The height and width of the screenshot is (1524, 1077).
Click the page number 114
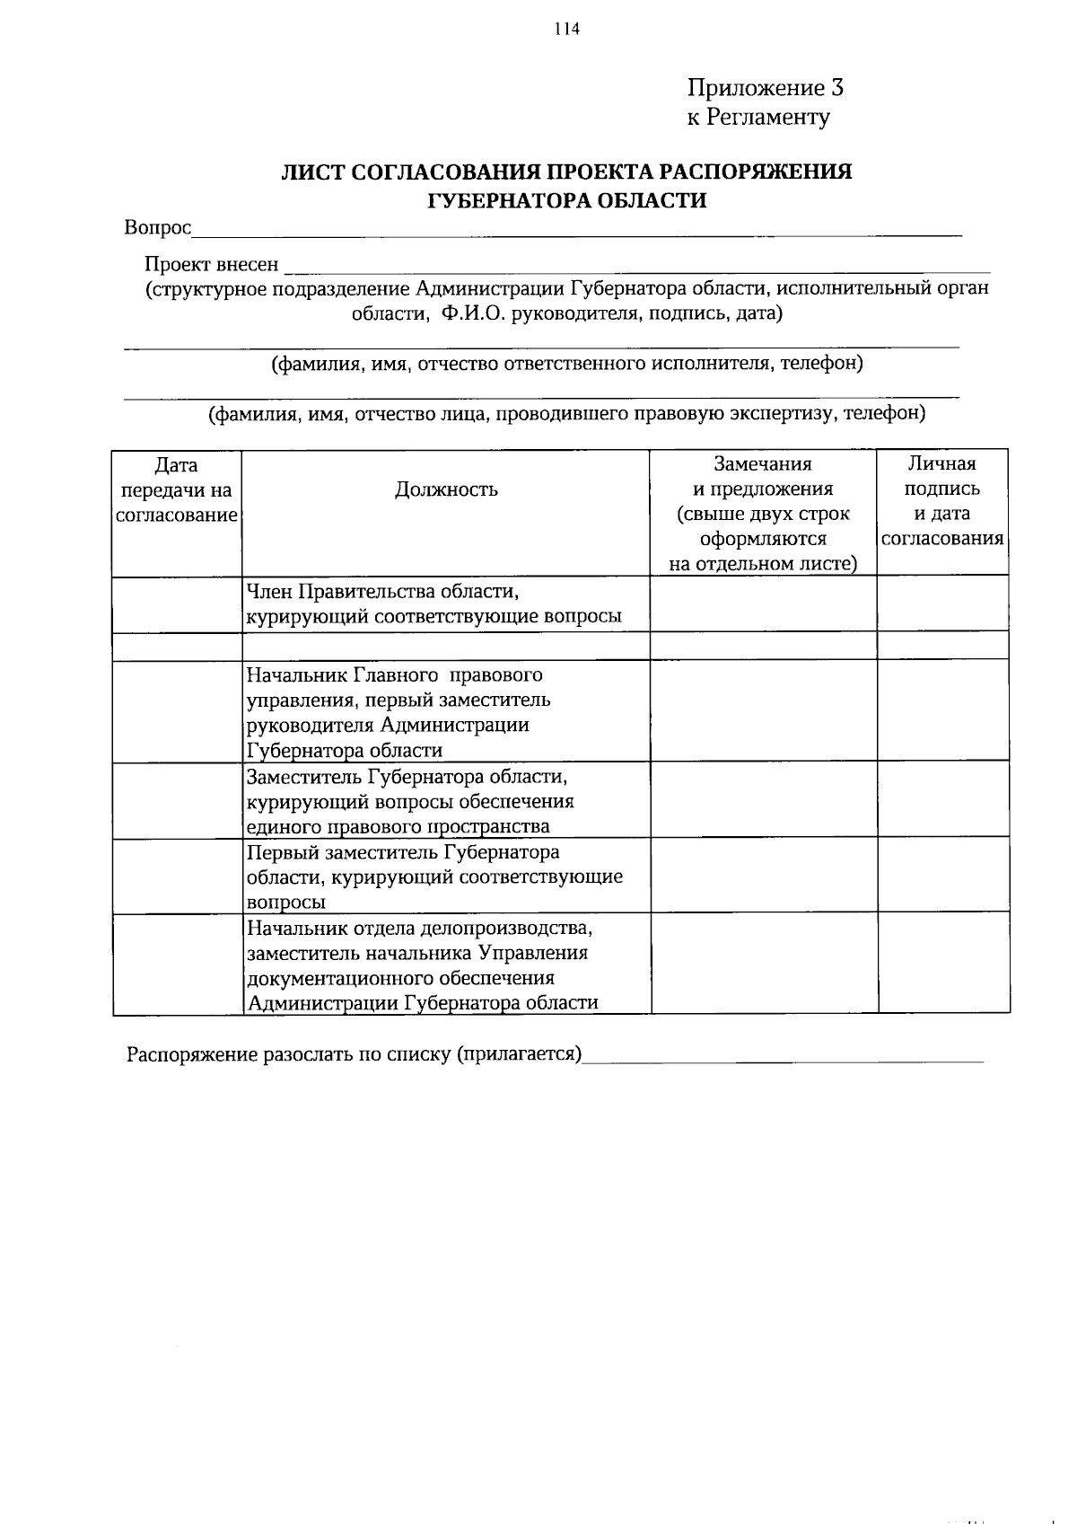(x=567, y=29)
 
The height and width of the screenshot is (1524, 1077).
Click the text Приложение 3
(x=765, y=88)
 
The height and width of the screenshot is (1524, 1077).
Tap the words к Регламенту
(x=758, y=117)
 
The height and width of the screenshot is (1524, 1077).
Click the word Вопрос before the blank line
(x=158, y=228)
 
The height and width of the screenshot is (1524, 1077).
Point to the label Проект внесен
(x=212, y=265)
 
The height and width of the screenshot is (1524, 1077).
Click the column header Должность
(x=446, y=489)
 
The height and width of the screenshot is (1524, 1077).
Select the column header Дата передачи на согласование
(x=177, y=490)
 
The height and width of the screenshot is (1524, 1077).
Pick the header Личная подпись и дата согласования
(x=942, y=501)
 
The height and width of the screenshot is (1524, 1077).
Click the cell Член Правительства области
(x=434, y=604)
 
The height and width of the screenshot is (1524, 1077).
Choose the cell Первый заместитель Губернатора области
(x=434, y=877)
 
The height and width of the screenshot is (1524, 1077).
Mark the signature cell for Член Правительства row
(x=943, y=603)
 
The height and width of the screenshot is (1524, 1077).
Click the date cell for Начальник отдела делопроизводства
(x=177, y=965)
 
